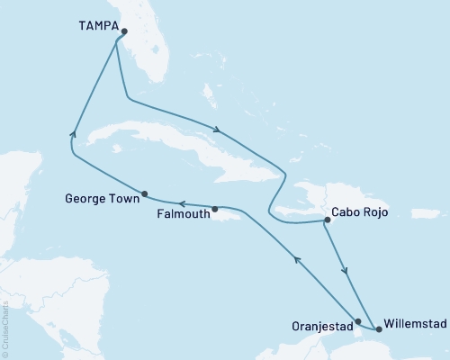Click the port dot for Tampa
(124, 31)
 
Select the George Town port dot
(145, 193)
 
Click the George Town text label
(101, 194)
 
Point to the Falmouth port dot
(215, 210)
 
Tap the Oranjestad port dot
(358, 321)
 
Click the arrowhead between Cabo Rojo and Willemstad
(346, 270)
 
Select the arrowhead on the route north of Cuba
(217, 129)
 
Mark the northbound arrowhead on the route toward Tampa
(73, 135)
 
